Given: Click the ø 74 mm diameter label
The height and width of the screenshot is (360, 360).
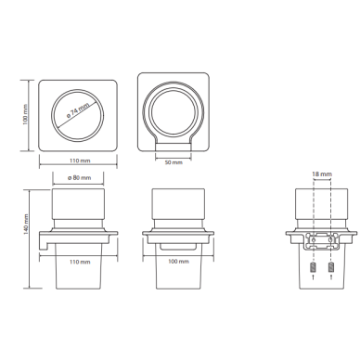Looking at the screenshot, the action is (x=78, y=110).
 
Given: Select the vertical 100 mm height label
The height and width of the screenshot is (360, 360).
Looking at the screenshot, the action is (x=25, y=114).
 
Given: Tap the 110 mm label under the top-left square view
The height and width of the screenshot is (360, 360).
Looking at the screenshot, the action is (x=80, y=161).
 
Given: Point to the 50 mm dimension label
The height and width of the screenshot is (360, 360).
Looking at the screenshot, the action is (x=174, y=162).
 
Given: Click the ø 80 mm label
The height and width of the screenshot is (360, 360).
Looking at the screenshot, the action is (x=80, y=177).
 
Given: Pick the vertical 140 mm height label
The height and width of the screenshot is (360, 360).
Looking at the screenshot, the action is (x=26, y=225).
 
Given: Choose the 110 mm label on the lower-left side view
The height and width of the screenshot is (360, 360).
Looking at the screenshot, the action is (x=80, y=262).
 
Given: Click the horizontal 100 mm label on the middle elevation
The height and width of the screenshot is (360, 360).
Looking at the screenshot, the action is (x=178, y=262).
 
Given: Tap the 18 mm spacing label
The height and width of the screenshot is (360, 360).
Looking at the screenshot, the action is (x=322, y=174).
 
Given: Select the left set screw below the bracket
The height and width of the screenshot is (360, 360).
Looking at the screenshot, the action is (x=313, y=267).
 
